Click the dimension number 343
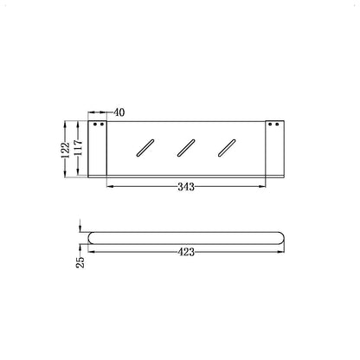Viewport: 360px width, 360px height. tap(185, 185)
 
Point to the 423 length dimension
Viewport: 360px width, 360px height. tap(185, 252)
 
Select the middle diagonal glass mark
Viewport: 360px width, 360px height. tap(184, 146)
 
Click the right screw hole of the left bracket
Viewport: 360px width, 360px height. tap(103, 125)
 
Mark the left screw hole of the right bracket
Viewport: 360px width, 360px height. tap(268, 125)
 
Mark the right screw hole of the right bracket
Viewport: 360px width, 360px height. tap(278, 125)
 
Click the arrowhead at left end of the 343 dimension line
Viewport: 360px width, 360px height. tap(110, 185)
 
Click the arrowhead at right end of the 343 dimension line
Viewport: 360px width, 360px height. tap(262, 185)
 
